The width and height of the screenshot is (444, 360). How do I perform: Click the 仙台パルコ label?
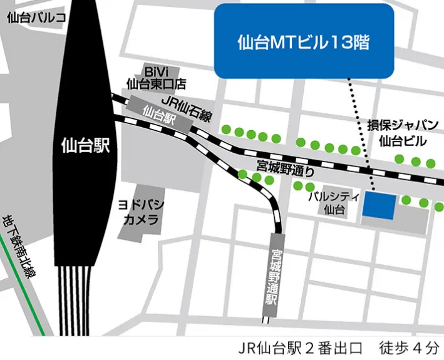36,18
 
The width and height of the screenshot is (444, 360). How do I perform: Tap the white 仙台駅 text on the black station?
86,147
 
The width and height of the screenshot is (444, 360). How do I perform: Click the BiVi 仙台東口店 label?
156,76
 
